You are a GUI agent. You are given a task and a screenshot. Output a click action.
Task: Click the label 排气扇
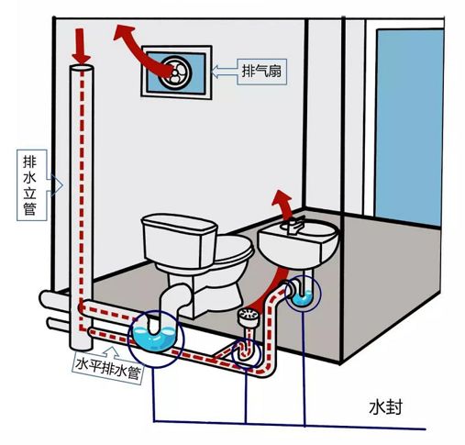(x=261, y=72)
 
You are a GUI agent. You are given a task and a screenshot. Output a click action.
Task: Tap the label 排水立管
(x=30, y=185)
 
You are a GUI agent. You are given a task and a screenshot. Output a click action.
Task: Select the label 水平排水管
(x=108, y=367)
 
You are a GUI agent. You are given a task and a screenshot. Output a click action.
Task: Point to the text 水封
(x=386, y=407)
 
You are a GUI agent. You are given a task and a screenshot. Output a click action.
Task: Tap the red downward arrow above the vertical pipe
(x=81, y=46)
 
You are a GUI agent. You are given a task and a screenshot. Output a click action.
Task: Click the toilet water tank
(x=180, y=240)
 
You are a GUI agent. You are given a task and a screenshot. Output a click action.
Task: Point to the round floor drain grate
(x=249, y=314)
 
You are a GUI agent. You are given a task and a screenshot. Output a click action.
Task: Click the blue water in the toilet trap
(x=154, y=338)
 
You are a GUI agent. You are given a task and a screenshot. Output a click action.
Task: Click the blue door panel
(x=410, y=127)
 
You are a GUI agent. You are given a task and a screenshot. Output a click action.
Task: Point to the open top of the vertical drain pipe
(x=82, y=68)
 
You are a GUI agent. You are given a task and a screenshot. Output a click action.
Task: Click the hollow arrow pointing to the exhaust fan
(x=224, y=72)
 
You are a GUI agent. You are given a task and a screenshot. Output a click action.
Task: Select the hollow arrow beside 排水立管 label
(x=55, y=185)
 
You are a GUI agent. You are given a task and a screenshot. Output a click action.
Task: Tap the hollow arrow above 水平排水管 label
(x=111, y=352)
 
